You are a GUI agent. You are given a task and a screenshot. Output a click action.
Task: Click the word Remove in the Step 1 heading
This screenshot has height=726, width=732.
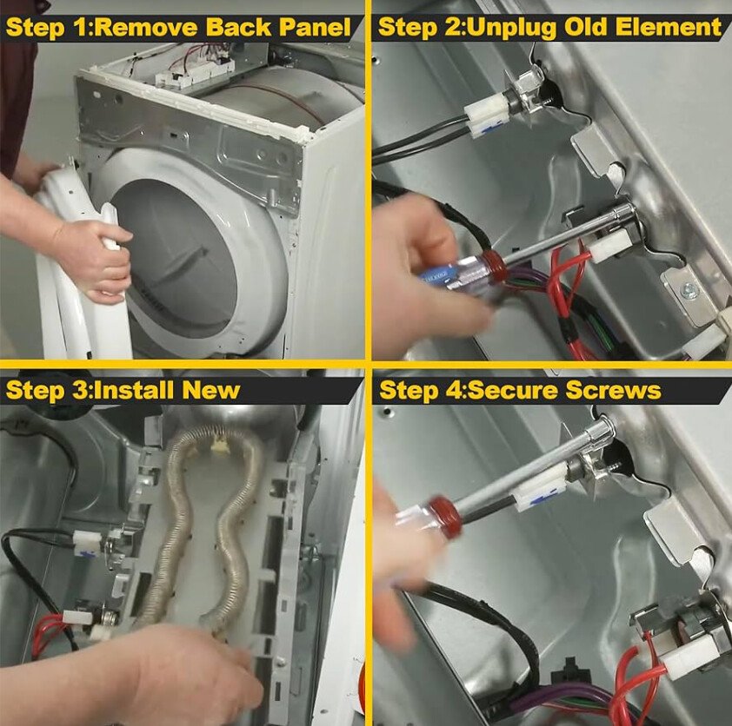pos(147,27)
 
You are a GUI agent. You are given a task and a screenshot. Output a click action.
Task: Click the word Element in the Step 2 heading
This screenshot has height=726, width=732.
pos(668,27)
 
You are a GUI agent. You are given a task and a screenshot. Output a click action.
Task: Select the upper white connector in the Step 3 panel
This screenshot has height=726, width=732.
pos(87,543)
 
